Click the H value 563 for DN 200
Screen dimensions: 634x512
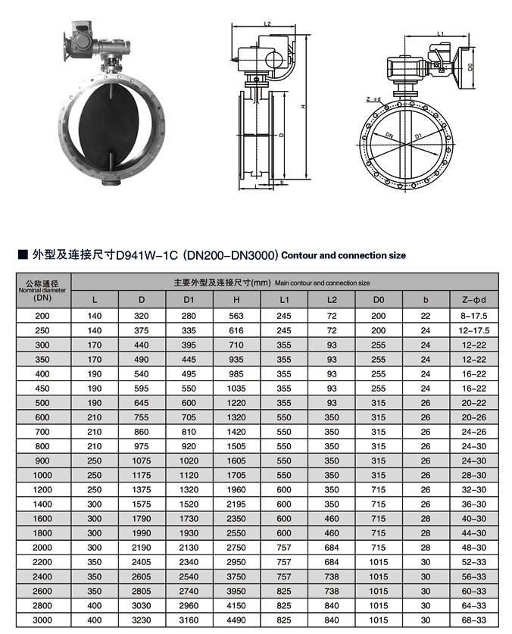coord(236,316)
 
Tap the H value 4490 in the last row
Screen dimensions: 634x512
coord(236,620)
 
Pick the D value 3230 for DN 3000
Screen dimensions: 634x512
coord(142,620)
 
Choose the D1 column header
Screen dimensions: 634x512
coord(189,299)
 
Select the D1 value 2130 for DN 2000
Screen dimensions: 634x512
coord(189,548)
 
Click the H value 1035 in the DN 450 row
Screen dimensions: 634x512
coord(236,389)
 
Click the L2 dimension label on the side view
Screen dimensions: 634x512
coord(267,24)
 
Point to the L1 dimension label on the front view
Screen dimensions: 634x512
coord(441,33)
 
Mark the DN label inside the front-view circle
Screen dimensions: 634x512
coord(388,133)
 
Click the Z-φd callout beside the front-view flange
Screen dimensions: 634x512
coord(373,99)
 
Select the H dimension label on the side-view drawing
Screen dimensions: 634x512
coord(303,107)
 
